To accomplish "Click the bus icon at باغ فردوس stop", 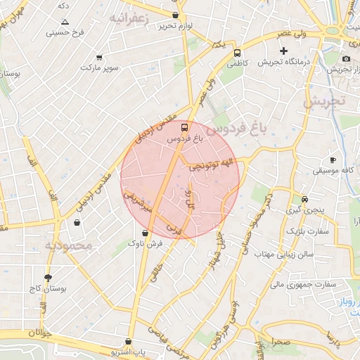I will tap(184, 128).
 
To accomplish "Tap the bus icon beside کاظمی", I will tap(237, 52).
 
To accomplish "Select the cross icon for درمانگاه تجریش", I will tap(283, 51).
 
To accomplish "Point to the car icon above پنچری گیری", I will tap(304, 198).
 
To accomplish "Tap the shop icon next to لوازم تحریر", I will tap(175, 15).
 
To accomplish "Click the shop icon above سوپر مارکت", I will tap(99, 57).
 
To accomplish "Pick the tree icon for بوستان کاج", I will tap(48, 278).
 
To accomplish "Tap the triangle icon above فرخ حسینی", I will tap(65, 22).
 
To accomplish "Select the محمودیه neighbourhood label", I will tap(69, 245).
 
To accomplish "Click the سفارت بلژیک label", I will tap(307, 230).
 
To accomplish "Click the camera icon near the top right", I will tap(346, 58).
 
